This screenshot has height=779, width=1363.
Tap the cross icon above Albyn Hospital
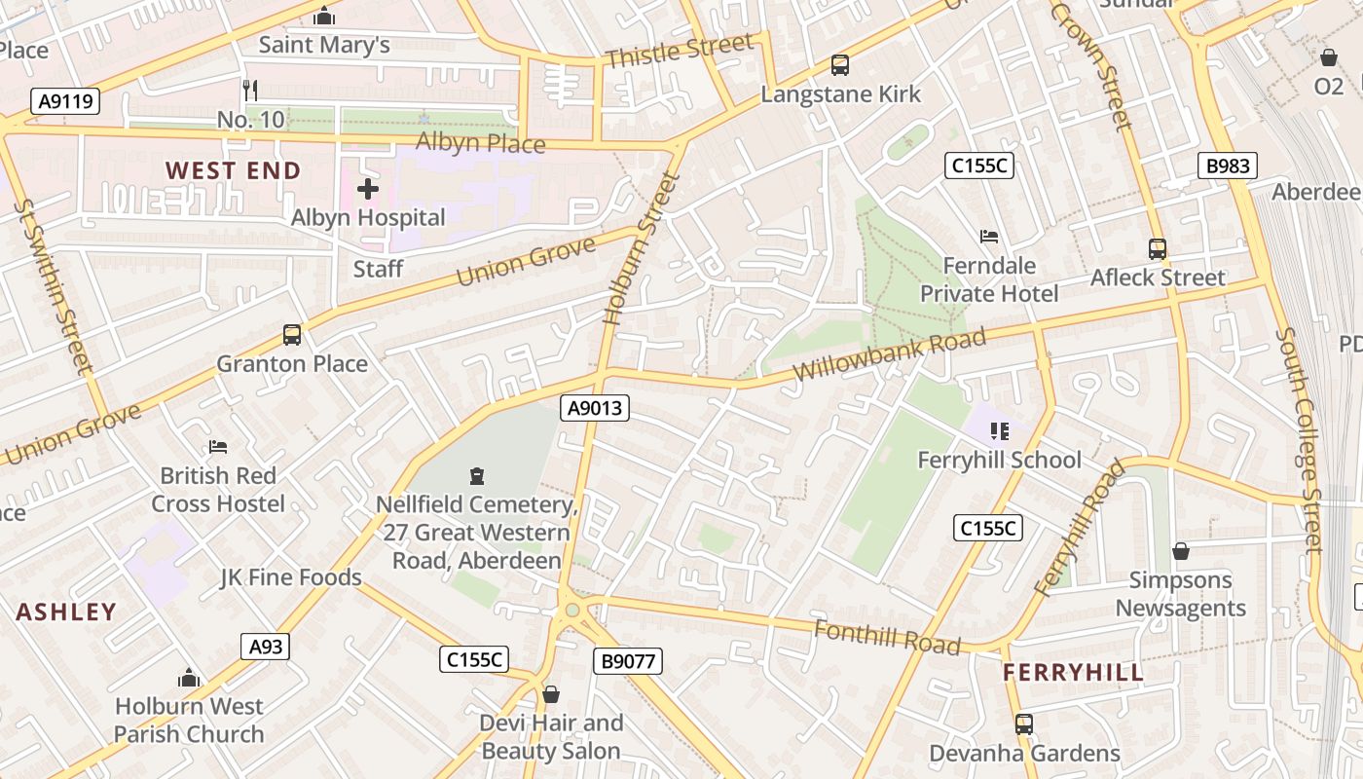tap(368, 189)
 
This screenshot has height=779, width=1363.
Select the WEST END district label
tap(233, 171)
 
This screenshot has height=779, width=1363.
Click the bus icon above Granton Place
tap(292, 335)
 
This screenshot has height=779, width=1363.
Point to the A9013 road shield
tap(595, 408)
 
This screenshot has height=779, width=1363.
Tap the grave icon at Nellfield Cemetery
tap(477, 476)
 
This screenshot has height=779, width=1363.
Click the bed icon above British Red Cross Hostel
tap(218, 447)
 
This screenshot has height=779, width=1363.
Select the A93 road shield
tap(265, 647)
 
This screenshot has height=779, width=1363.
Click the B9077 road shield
tap(628, 662)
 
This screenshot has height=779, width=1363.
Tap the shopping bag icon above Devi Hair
tap(551, 694)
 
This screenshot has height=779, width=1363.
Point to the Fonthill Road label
tap(887, 637)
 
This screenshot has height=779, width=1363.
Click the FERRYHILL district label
tap(1073, 673)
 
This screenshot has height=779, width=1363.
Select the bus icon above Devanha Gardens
tap(1024, 724)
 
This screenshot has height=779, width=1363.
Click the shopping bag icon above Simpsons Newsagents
tap(1181, 552)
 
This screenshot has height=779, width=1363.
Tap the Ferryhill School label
tap(1000, 460)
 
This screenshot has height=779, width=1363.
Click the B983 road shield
tap(1227, 166)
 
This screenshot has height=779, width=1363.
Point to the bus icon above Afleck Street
tap(1157, 249)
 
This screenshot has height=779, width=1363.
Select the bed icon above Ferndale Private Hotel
tap(989, 237)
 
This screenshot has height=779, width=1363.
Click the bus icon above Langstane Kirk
tap(840, 66)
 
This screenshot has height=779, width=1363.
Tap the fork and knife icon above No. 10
tap(250, 91)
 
